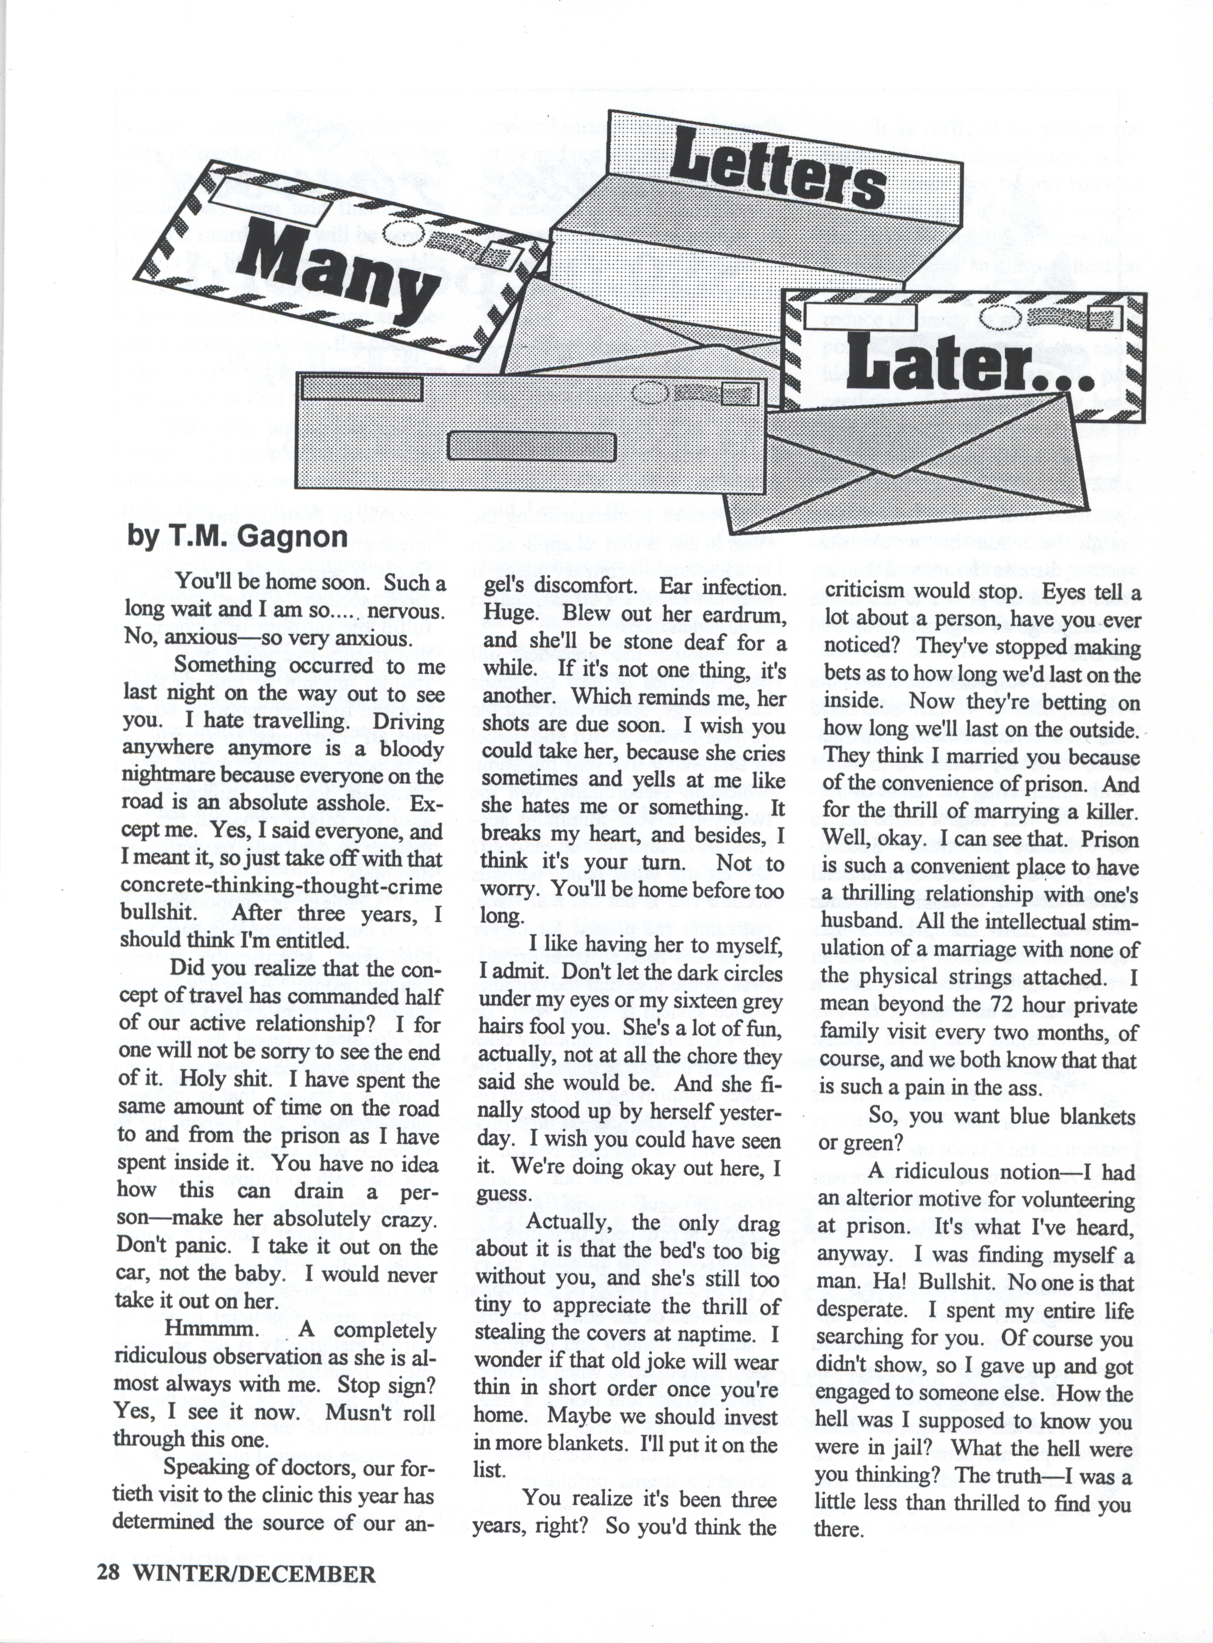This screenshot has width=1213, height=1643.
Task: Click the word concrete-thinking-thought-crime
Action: pos(281,886)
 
